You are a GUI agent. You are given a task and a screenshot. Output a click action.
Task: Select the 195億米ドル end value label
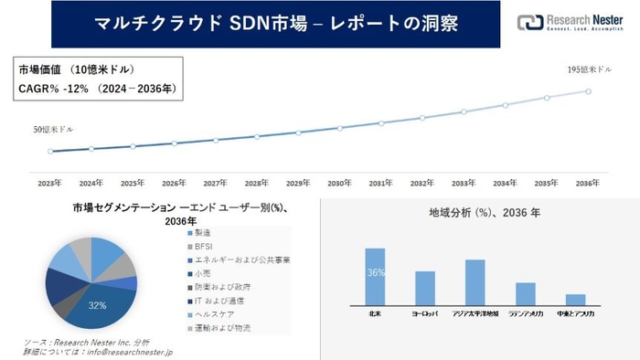coord(587,70)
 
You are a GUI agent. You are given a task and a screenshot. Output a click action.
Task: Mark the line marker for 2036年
coord(589,90)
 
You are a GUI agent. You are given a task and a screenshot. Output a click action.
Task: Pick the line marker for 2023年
coord(50,152)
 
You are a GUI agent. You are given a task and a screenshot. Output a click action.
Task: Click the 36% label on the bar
coord(375,273)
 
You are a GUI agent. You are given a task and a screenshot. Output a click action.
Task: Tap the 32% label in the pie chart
coord(95,304)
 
